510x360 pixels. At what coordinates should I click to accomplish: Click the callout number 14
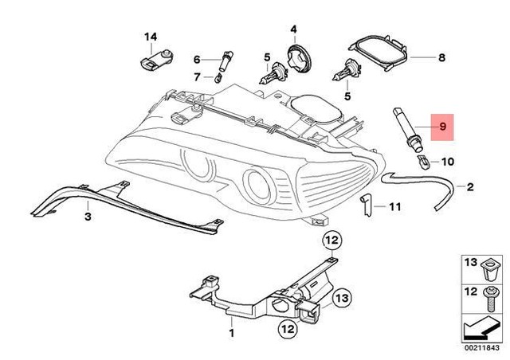pos(151,37)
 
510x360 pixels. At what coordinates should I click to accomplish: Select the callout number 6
pos(196,60)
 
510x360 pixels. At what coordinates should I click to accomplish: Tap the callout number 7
pos(196,76)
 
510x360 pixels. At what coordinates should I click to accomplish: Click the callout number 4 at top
pos(292,30)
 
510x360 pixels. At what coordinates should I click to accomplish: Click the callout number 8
pos(442,58)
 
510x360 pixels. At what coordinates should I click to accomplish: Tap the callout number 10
pos(446,162)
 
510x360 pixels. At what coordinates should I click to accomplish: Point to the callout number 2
pos(469,188)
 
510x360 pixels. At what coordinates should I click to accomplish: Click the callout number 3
pos(88,216)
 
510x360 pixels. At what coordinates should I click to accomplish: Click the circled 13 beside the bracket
pos(318,299)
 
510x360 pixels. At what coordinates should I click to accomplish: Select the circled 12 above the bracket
pos(330,239)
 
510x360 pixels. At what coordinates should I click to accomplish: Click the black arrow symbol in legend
pos(481,327)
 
